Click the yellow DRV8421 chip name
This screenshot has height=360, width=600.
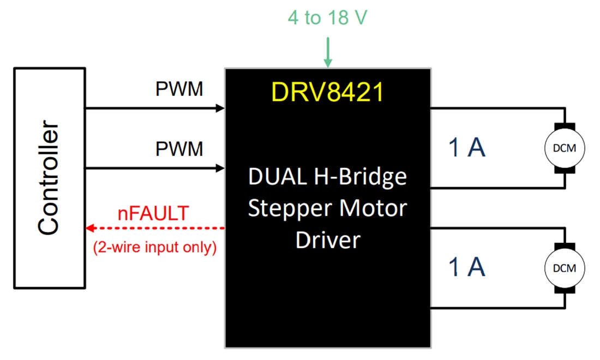click(x=328, y=92)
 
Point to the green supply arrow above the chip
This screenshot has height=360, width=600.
click(x=328, y=52)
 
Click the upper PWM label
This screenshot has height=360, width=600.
click(x=179, y=89)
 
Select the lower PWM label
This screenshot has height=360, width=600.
click(x=179, y=149)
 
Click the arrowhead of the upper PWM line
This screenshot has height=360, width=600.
click(x=220, y=108)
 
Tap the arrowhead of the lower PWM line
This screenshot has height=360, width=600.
click(x=220, y=168)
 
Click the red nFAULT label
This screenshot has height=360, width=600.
click(x=153, y=213)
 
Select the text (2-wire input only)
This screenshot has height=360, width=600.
click(x=155, y=248)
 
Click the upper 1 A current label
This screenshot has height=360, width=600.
click(x=466, y=148)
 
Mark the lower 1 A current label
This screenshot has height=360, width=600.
click(x=466, y=267)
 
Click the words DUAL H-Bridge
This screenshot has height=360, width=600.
click(x=328, y=177)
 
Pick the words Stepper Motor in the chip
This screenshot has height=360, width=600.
click(x=328, y=208)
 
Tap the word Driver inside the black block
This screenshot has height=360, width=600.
click(x=328, y=240)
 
